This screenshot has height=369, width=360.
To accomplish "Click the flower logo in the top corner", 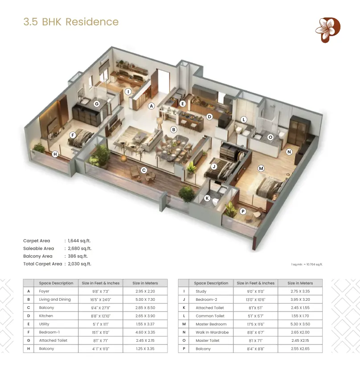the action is pos(328,30).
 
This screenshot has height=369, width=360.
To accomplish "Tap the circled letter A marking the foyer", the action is pos(151,106).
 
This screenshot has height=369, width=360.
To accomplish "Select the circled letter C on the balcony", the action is pos(144,170).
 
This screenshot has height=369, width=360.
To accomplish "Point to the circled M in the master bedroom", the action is pos(261,168).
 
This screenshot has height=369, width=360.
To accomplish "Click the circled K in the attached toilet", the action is pos(207,198).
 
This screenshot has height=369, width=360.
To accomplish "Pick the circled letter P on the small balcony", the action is pos(243,211).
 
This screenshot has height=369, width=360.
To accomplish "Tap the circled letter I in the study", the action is pos(128,91).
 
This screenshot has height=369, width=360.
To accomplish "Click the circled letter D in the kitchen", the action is pos(209,116).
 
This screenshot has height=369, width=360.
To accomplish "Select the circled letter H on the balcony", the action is pos(55,154).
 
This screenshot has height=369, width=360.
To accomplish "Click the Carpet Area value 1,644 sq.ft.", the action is pos(79,241).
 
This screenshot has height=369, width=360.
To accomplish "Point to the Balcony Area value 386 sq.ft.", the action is pos(78,256).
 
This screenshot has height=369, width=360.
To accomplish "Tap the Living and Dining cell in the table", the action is pos(55,299).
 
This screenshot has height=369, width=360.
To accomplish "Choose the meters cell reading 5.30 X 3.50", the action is pos(300,324).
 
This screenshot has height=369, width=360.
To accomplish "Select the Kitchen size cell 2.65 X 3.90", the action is pos(145,316).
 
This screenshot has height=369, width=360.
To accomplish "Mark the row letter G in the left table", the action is pos(29,340).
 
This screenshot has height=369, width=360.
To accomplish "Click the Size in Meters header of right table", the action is pos(300,283).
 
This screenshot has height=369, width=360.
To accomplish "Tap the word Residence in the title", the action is pos(92,22).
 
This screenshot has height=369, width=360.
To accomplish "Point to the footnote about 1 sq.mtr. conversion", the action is pos(307,265).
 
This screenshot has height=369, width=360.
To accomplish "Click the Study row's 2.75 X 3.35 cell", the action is pos(300,291).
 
